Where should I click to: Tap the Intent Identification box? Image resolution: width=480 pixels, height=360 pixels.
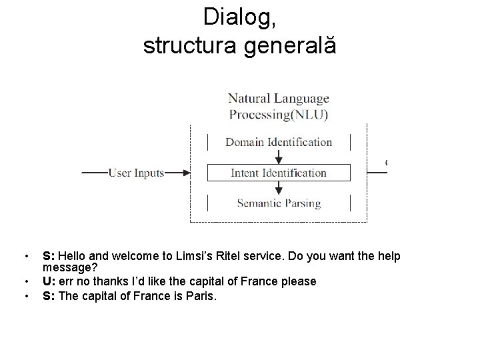[x=278, y=173]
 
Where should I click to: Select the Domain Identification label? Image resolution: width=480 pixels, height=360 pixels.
[x=278, y=142]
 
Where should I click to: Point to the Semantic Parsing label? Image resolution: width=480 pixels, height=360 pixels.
[x=279, y=203]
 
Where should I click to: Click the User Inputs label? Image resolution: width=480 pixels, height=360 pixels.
[x=136, y=173]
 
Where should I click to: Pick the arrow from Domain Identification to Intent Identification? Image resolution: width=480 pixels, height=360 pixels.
[x=279, y=156]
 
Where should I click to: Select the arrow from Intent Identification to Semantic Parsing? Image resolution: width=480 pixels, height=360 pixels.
[x=279, y=188]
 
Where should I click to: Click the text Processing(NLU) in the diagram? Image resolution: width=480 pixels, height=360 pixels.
[x=279, y=114]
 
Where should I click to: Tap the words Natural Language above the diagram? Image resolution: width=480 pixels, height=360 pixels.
[x=279, y=99]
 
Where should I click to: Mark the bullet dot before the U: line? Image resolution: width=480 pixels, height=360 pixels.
[x=25, y=281]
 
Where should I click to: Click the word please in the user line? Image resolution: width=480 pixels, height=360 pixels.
[x=299, y=281]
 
